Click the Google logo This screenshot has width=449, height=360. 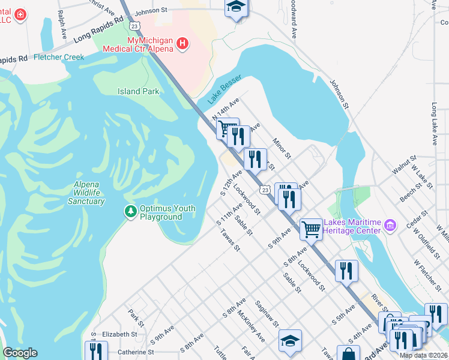(20, 353)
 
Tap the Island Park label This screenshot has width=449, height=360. (139, 91)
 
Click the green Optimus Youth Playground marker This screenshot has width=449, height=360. (130, 211)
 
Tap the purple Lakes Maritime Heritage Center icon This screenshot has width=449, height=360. (391, 226)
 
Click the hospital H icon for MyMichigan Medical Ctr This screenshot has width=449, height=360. (182, 43)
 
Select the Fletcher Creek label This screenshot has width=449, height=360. (59, 57)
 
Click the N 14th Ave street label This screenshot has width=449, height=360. (225, 108)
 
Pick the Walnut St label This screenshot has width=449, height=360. (405, 166)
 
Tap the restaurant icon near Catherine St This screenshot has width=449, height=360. (96, 351)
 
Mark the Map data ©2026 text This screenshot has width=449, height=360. (423, 355)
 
